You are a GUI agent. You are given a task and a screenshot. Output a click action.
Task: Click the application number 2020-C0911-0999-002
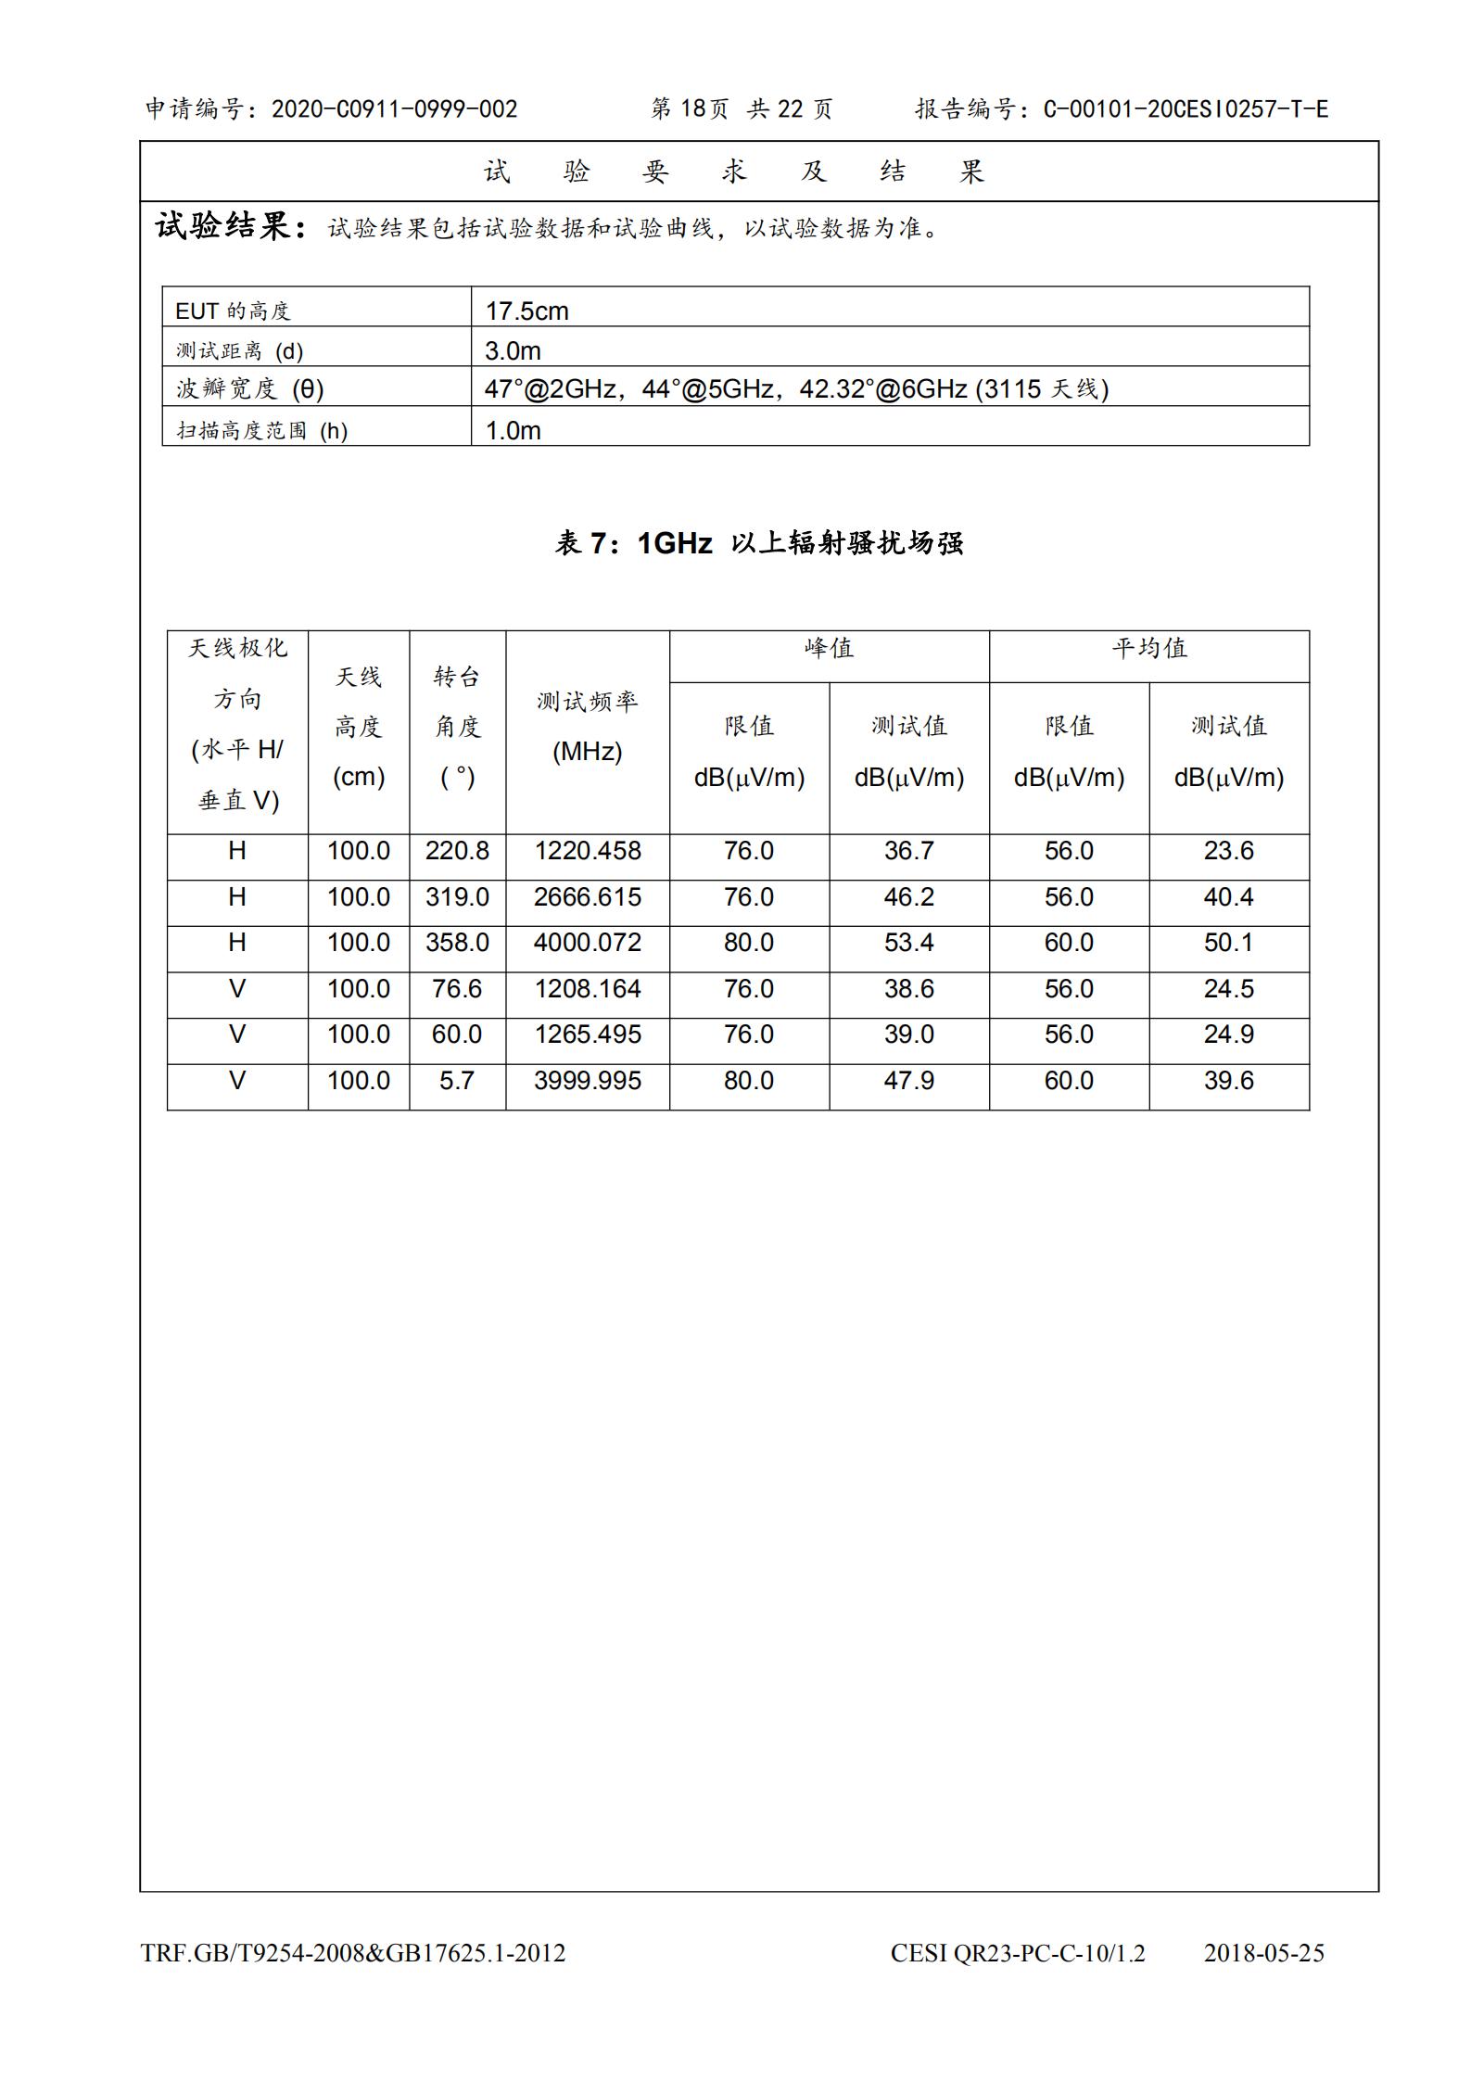pos(394,109)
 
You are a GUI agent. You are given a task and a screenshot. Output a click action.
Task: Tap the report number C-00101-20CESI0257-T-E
pos(1186,109)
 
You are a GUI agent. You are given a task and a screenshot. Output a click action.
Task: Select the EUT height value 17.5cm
pos(526,311)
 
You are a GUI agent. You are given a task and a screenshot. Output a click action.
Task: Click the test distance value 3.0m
pos(513,350)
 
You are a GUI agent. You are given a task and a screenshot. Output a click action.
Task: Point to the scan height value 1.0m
pos(513,430)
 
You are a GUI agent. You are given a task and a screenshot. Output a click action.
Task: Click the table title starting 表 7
pos(758,543)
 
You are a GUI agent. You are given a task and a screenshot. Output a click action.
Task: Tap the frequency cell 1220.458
pos(587,851)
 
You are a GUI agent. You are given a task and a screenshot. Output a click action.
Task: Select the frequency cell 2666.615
pos(587,897)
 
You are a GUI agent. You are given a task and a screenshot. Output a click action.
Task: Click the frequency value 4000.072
pos(587,943)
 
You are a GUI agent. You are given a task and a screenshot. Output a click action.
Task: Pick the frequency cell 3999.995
pos(587,1081)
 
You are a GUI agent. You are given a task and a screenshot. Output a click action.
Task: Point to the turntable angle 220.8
pos(457,851)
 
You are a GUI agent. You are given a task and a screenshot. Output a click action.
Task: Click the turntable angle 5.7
pos(457,1081)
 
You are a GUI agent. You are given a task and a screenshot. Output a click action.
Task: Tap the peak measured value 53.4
pos(908,943)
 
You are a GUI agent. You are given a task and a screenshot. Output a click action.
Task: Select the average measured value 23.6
pos(1228,851)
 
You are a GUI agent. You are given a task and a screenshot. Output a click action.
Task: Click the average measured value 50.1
pos(1228,943)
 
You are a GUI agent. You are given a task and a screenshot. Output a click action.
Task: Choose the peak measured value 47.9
pos(908,1081)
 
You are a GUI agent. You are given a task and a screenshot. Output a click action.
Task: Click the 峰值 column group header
pos(829,648)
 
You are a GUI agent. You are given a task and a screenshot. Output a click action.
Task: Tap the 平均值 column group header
pos(1148,648)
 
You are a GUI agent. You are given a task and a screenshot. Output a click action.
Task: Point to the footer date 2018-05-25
pos(1263,1953)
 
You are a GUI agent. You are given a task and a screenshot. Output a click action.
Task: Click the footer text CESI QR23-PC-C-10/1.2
pos(1017,1953)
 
